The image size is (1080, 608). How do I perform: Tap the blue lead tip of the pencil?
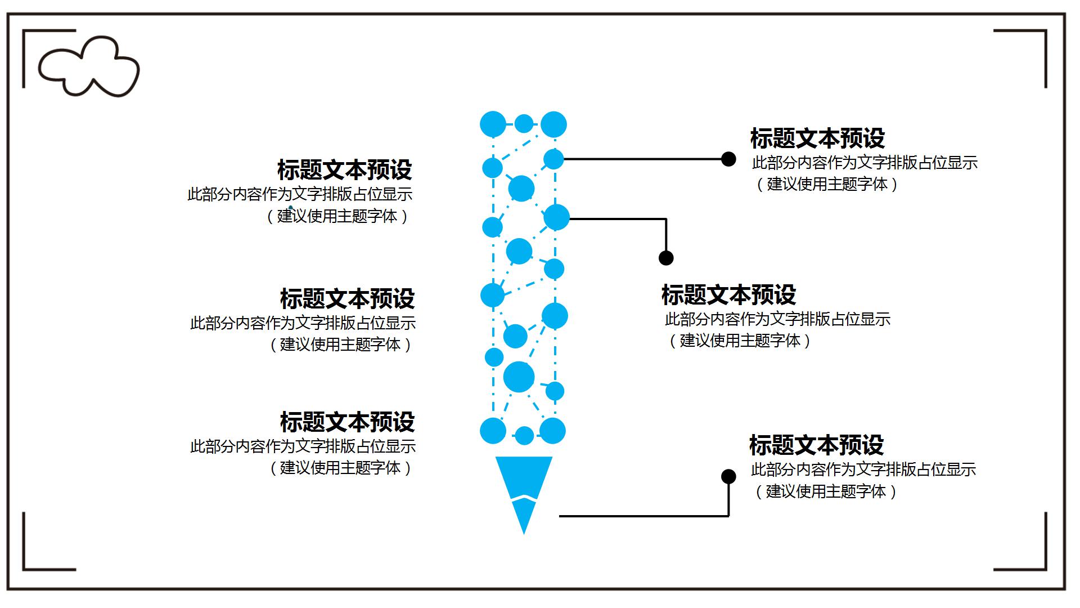524,515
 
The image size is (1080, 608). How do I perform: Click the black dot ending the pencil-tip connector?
728,477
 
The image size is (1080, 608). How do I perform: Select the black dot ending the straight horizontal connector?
728,159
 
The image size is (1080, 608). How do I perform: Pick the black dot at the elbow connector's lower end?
666,258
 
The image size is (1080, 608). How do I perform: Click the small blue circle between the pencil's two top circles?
524,123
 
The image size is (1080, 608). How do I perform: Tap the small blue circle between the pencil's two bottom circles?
524,435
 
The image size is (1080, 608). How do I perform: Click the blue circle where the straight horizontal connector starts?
553,159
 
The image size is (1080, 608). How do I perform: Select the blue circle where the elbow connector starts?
556,217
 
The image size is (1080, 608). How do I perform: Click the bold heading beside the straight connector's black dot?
817,138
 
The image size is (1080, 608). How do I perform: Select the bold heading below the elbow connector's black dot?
728,295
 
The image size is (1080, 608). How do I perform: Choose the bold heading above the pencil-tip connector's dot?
816,445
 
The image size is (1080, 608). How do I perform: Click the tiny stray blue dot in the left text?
291,208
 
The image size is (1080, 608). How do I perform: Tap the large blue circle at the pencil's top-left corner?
493,124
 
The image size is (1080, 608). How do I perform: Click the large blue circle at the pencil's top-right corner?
553,124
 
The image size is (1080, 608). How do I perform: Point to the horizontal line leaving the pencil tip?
641,516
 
